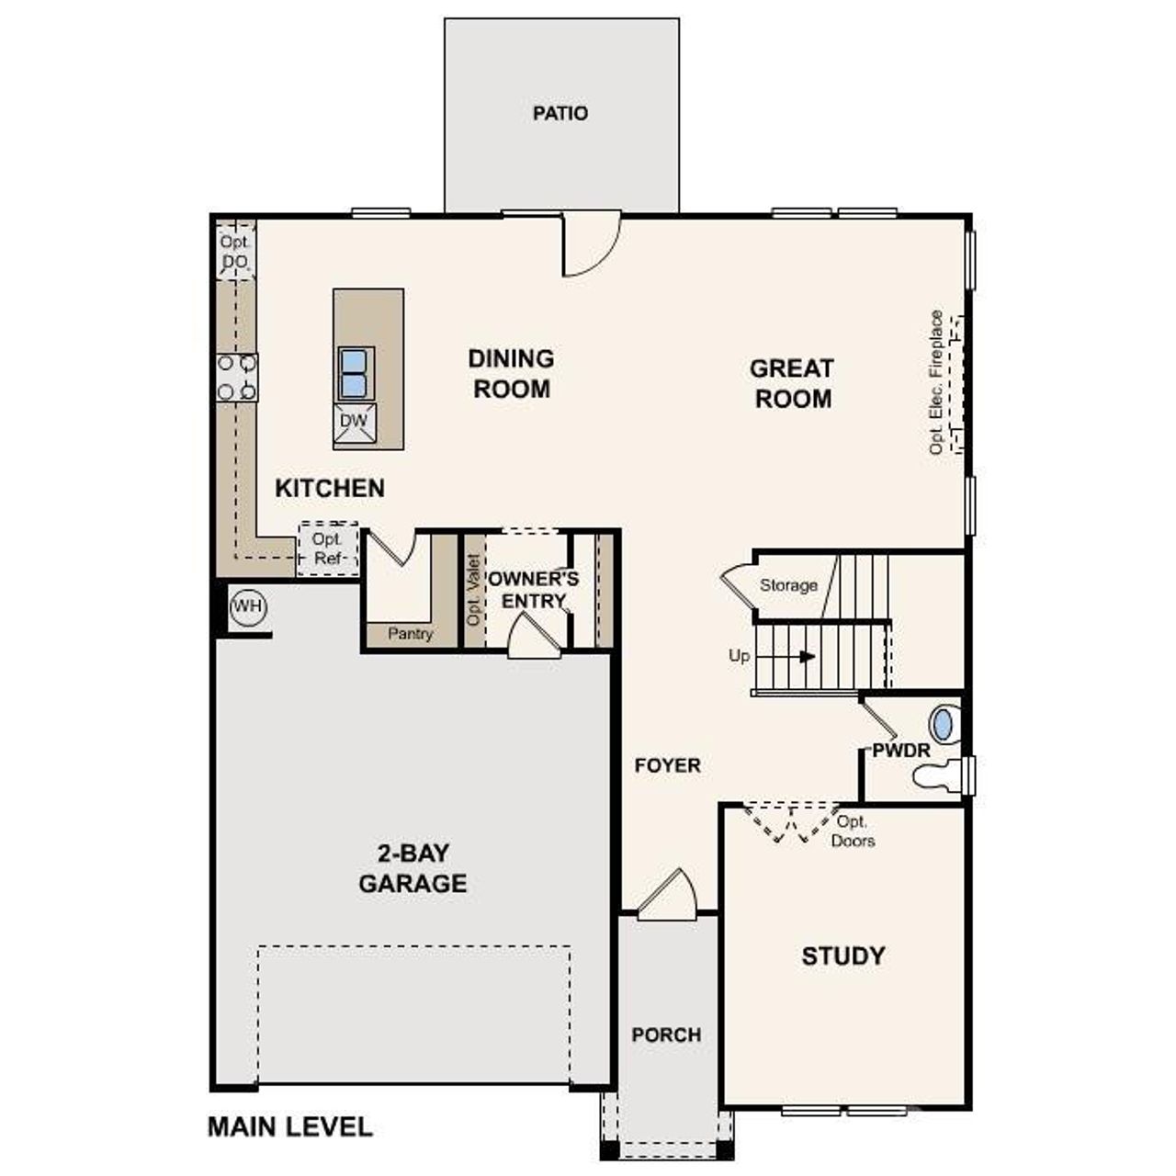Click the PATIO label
click(x=560, y=113)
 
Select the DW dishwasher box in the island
click(x=354, y=422)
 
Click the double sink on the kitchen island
click(x=355, y=373)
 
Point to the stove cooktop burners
click(x=237, y=378)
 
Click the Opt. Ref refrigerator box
click(x=327, y=548)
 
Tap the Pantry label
click(x=410, y=633)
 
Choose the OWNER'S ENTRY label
click(x=534, y=590)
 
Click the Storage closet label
click(x=788, y=585)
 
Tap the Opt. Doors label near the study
click(x=853, y=831)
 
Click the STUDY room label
click(x=842, y=955)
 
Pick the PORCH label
click(x=666, y=1035)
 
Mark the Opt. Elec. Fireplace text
click(x=936, y=382)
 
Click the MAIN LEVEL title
click(x=290, y=1126)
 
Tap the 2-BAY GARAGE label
click(x=413, y=868)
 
